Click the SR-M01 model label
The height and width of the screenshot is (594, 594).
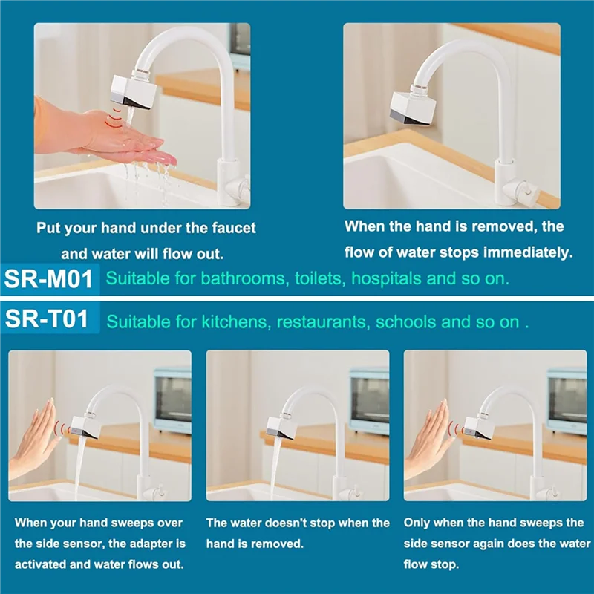[x=49, y=280]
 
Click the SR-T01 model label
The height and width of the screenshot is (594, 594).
[x=46, y=320]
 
